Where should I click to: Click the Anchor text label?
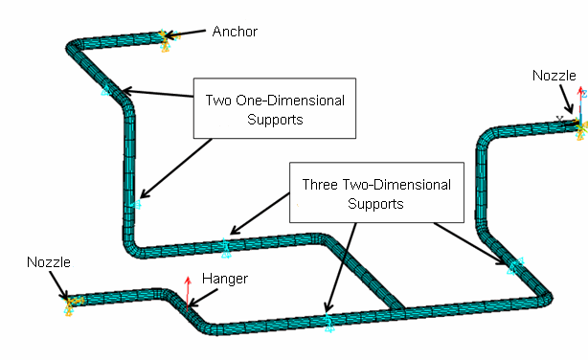(236, 32)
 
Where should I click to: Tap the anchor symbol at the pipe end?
(166, 37)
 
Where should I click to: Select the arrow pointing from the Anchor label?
(190, 34)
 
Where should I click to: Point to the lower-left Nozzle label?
(48, 261)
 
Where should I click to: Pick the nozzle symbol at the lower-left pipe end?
(70, 303)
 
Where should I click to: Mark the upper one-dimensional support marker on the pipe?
(105, 91)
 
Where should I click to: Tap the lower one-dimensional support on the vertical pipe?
(136, 203)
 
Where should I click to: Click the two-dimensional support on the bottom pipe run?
(328, 321)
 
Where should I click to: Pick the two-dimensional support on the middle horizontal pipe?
(226, 248)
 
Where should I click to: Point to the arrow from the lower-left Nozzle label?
(61, 284)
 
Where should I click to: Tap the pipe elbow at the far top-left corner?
(72, 47)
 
